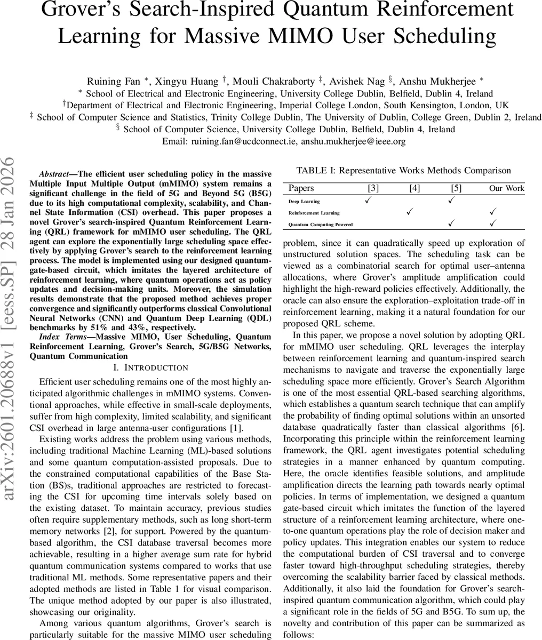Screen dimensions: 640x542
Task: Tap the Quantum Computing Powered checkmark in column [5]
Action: click(x=451, y=223)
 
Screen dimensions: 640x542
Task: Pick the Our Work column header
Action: click(x=507, y=188)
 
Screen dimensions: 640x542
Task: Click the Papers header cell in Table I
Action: click(x=301, y=188)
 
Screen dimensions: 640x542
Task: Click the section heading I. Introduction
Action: click(x=151, y=367)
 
